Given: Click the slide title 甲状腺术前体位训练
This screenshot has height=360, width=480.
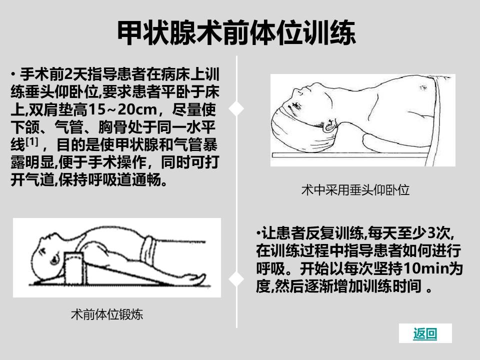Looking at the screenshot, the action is click(x=236, y=33).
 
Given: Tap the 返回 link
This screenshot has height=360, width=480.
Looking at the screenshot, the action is click(x=425, y=333).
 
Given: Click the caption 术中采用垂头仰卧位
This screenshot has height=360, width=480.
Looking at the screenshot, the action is click(x=355, y=190).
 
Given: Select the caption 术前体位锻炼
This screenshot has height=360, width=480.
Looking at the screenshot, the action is click(x=107, y=314).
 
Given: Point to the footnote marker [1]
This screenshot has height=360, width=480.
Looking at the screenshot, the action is click(x=32, y=141).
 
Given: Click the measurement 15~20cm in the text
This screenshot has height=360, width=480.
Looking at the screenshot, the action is click(x=123, y=109).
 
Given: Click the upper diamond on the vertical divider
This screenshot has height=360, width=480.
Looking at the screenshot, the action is click(x=236, y=108).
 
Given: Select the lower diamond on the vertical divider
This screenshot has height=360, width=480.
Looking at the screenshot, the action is click(x=236, y=279).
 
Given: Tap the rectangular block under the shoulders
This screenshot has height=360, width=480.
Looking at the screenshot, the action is click(x=73, y=268).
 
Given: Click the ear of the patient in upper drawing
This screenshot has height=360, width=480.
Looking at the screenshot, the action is click(x=329, y=125).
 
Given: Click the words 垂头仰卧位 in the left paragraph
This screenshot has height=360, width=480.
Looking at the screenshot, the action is click(x=61, y=92).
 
